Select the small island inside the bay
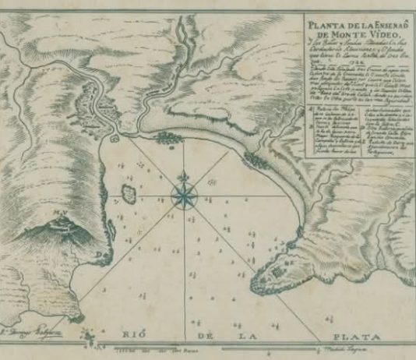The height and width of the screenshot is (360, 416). click(129, 191)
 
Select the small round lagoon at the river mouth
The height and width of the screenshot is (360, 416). click(115, 138)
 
